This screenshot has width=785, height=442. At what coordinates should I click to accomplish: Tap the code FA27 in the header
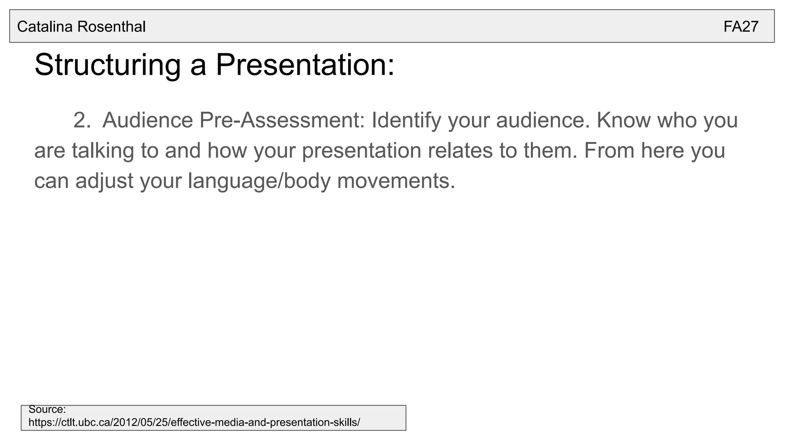741,27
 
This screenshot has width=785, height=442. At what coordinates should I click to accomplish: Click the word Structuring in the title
107,65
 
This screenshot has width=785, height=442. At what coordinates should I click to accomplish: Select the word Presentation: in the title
305,64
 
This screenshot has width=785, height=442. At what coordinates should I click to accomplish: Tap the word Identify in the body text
406,120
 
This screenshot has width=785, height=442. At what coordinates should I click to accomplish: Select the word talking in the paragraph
103,150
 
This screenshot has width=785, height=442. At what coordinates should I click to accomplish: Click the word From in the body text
609,150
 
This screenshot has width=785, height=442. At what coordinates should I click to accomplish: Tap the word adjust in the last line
104,181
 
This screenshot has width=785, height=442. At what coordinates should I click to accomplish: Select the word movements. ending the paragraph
396,181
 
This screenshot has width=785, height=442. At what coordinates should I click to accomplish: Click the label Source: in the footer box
47,409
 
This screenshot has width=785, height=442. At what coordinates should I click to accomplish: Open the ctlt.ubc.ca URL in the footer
194,422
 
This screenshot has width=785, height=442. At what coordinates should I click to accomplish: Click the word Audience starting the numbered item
148,120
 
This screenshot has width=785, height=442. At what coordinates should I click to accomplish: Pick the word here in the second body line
662,150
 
